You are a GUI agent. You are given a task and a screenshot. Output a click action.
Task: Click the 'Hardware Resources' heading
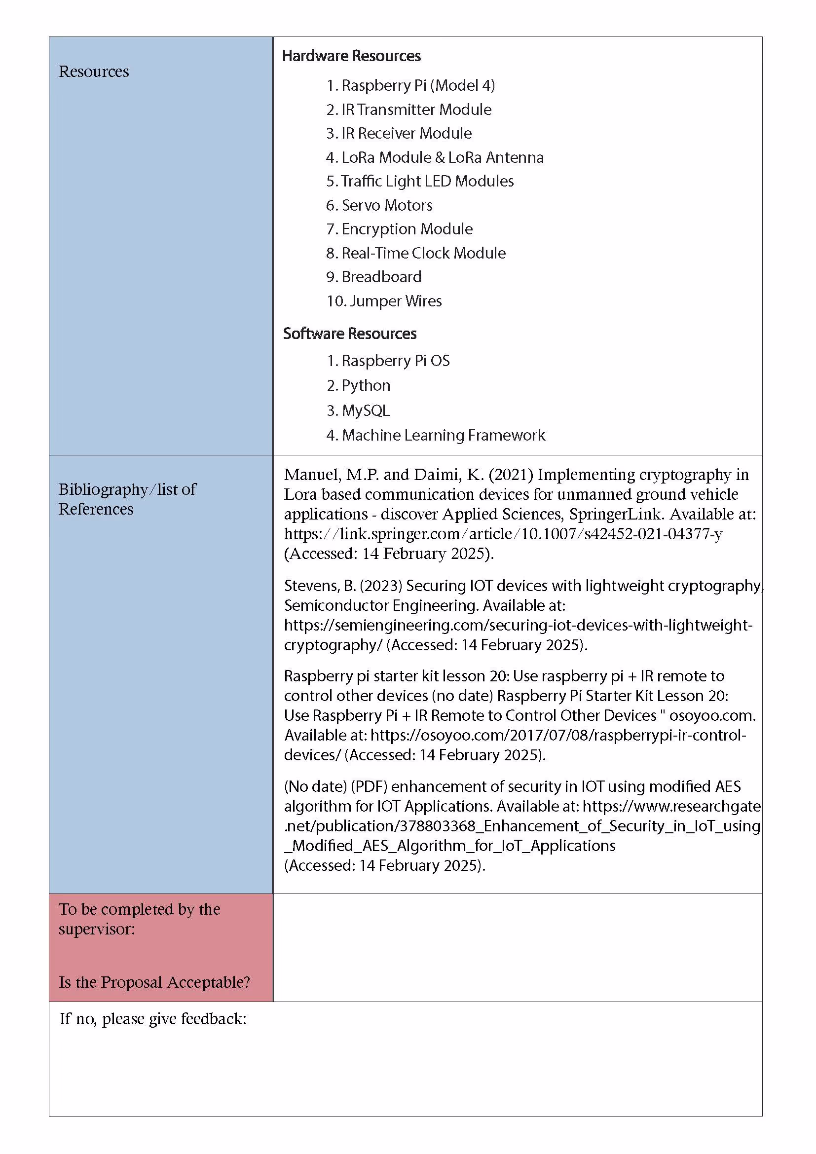click(x=351, y=56)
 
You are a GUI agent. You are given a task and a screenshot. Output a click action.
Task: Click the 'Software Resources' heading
click(x=350, y=333)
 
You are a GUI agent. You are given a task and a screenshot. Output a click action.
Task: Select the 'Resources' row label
click(x=94, y=72)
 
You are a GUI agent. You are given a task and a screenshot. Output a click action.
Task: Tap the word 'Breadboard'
click(x=381, y=277)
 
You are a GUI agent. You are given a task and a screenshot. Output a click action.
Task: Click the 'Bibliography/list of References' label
click(x=127, y=499)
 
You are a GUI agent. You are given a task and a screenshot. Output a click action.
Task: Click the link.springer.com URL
click(x=503, y=533)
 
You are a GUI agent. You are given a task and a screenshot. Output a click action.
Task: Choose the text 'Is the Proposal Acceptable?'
click(x=154, y=982)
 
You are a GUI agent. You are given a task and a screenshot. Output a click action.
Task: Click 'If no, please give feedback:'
click(x=153, y=1019)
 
